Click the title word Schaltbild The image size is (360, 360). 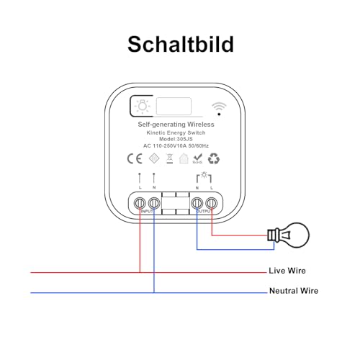pos(180,44)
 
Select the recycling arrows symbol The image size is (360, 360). pos(213,159)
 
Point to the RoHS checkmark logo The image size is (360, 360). pos(198,159)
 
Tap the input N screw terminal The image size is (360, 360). pos(153,204)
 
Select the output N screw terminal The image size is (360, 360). pos(197,204)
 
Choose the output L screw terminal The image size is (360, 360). pos(212,204)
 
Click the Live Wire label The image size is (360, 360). pos(287,271)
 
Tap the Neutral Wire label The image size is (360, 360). pos(293,291)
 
